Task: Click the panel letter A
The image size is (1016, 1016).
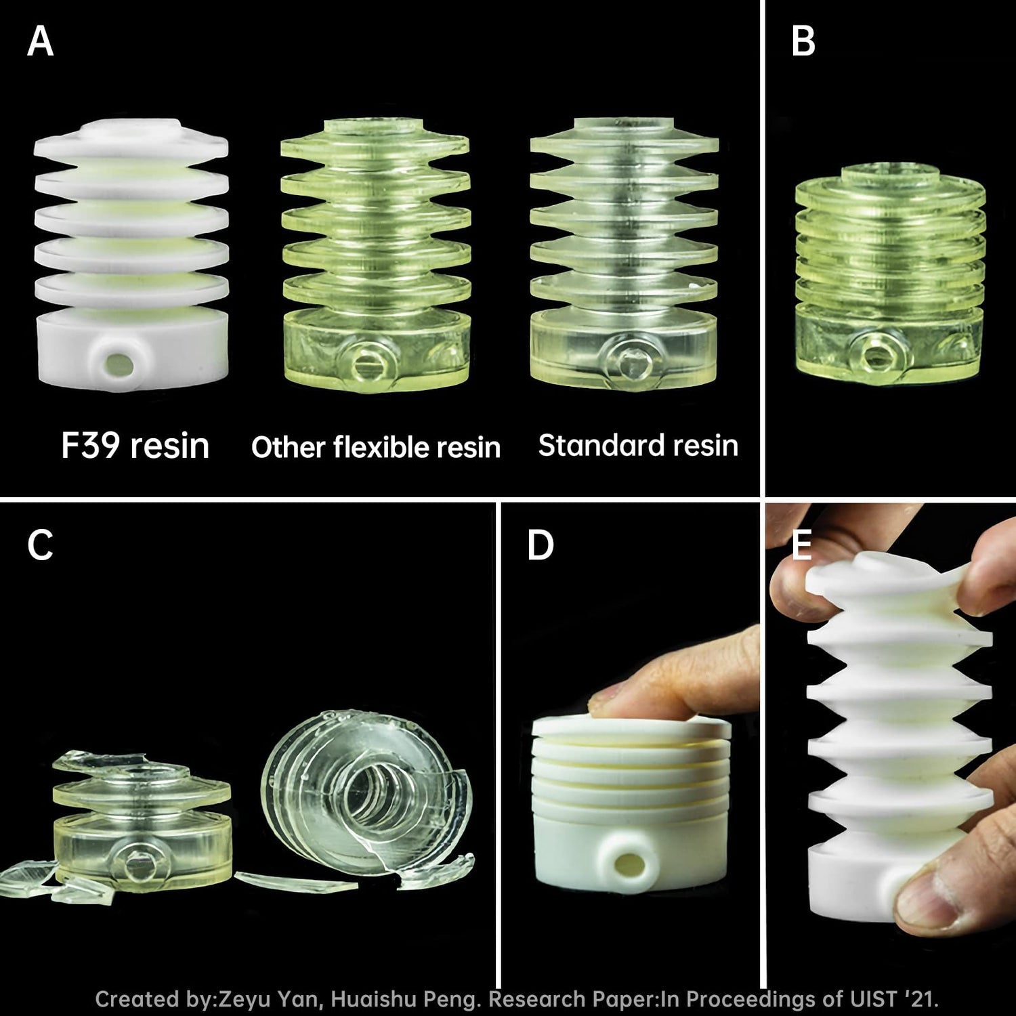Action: click(x=40, y=41)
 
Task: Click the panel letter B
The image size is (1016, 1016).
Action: click(x=803, y=41)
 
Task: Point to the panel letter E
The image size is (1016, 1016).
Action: click(x=802, y=545)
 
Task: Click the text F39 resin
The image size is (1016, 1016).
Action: click(x=135, y=446)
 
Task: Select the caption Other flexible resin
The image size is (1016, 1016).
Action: click(x=376, y=447)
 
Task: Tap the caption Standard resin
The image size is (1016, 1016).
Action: click(x=638, y=446)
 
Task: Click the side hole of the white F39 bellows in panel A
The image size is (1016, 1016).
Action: click(x=119, y=365)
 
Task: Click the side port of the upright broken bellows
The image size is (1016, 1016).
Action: click(x=140, y=866)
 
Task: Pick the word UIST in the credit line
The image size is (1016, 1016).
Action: click(x=872, y=999)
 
